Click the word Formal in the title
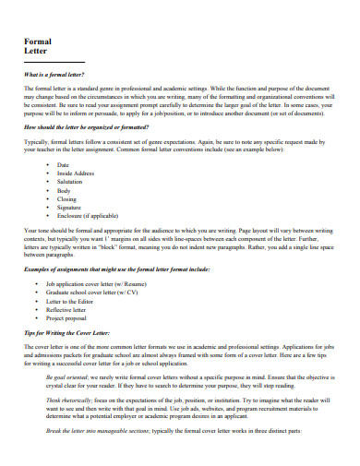pos(37,42)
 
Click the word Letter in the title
pos(35,53)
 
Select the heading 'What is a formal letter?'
pos(54,73)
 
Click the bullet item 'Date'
pos(64,164)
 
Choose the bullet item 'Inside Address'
pos(76,173)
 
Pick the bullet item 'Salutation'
pos(70,182)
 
